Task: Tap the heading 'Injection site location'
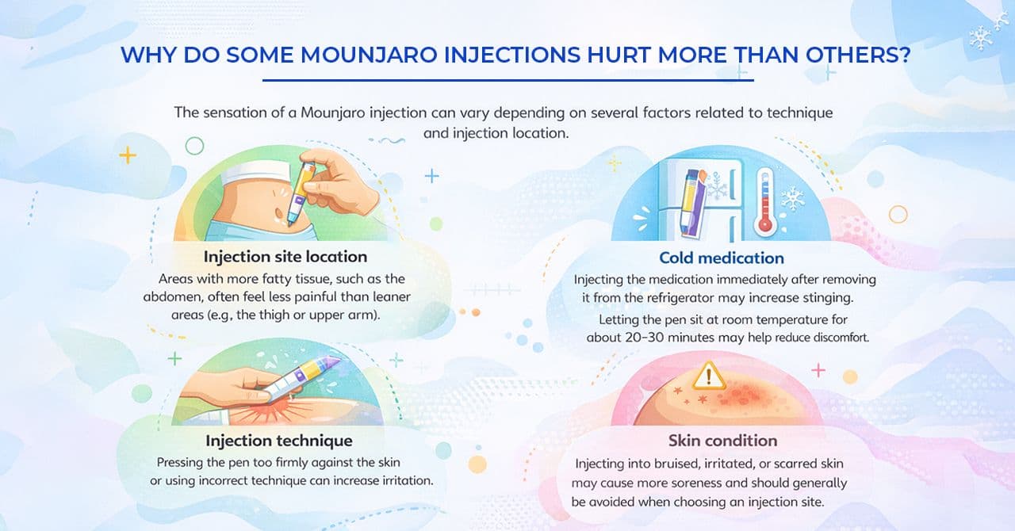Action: coord(285,257)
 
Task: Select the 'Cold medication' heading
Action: coord(721,258)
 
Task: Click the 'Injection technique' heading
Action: coord(279,440)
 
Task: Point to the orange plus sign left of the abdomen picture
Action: coord(127,155)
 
